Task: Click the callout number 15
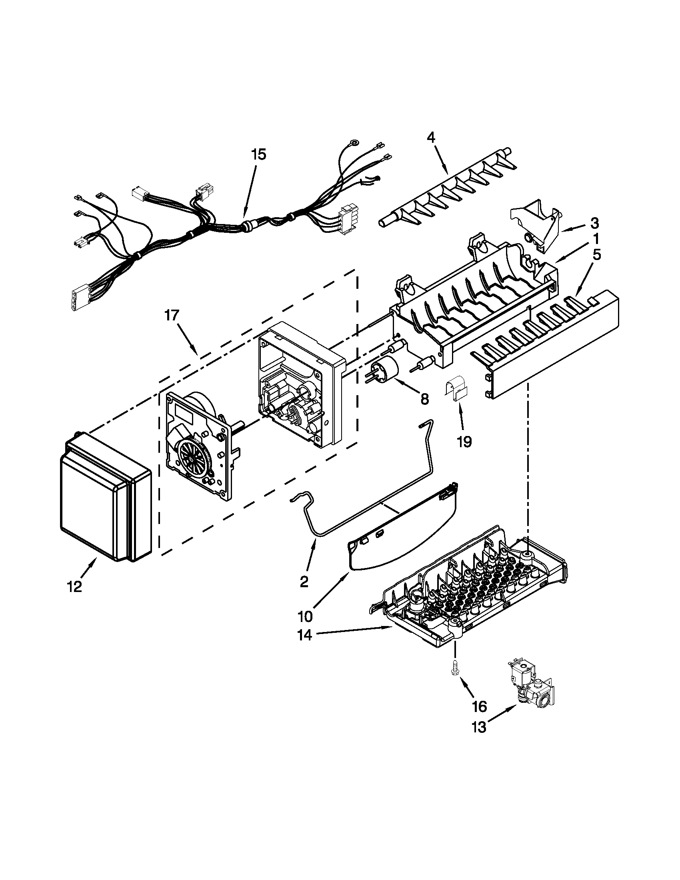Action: click(259, 155)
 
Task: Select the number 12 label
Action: click(75, 587)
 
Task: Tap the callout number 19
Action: click(464, 442)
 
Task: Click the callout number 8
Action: click(424, 399)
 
